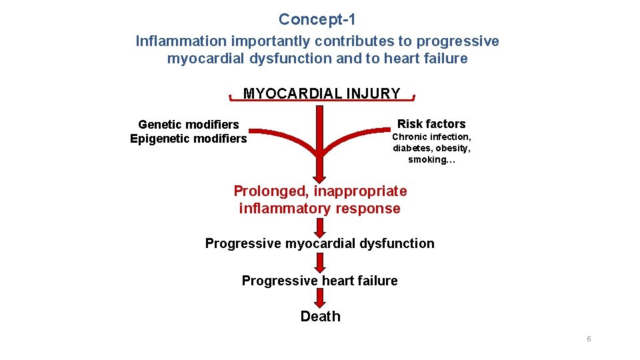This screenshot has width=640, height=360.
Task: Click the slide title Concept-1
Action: [x=317, y=20]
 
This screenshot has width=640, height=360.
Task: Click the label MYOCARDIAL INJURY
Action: [x=321, y=93]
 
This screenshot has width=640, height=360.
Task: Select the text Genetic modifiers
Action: [x=188, y=125]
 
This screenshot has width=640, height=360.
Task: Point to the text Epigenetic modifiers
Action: [x=188, y=139]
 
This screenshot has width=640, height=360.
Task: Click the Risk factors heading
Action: [x=431, y=123]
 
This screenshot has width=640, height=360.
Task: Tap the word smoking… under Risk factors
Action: [x=431, y=160]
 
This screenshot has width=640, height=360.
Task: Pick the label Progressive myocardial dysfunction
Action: [x=319, y=243]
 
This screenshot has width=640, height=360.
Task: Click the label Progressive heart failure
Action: [x=319, y=281]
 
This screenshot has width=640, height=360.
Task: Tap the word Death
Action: [x=320, y=317]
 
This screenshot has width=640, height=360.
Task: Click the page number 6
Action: [x=589, y=339]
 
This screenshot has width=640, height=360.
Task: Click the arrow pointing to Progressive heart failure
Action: [x=320, y=263]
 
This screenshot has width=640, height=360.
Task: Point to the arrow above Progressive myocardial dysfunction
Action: [x=320, y=227]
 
